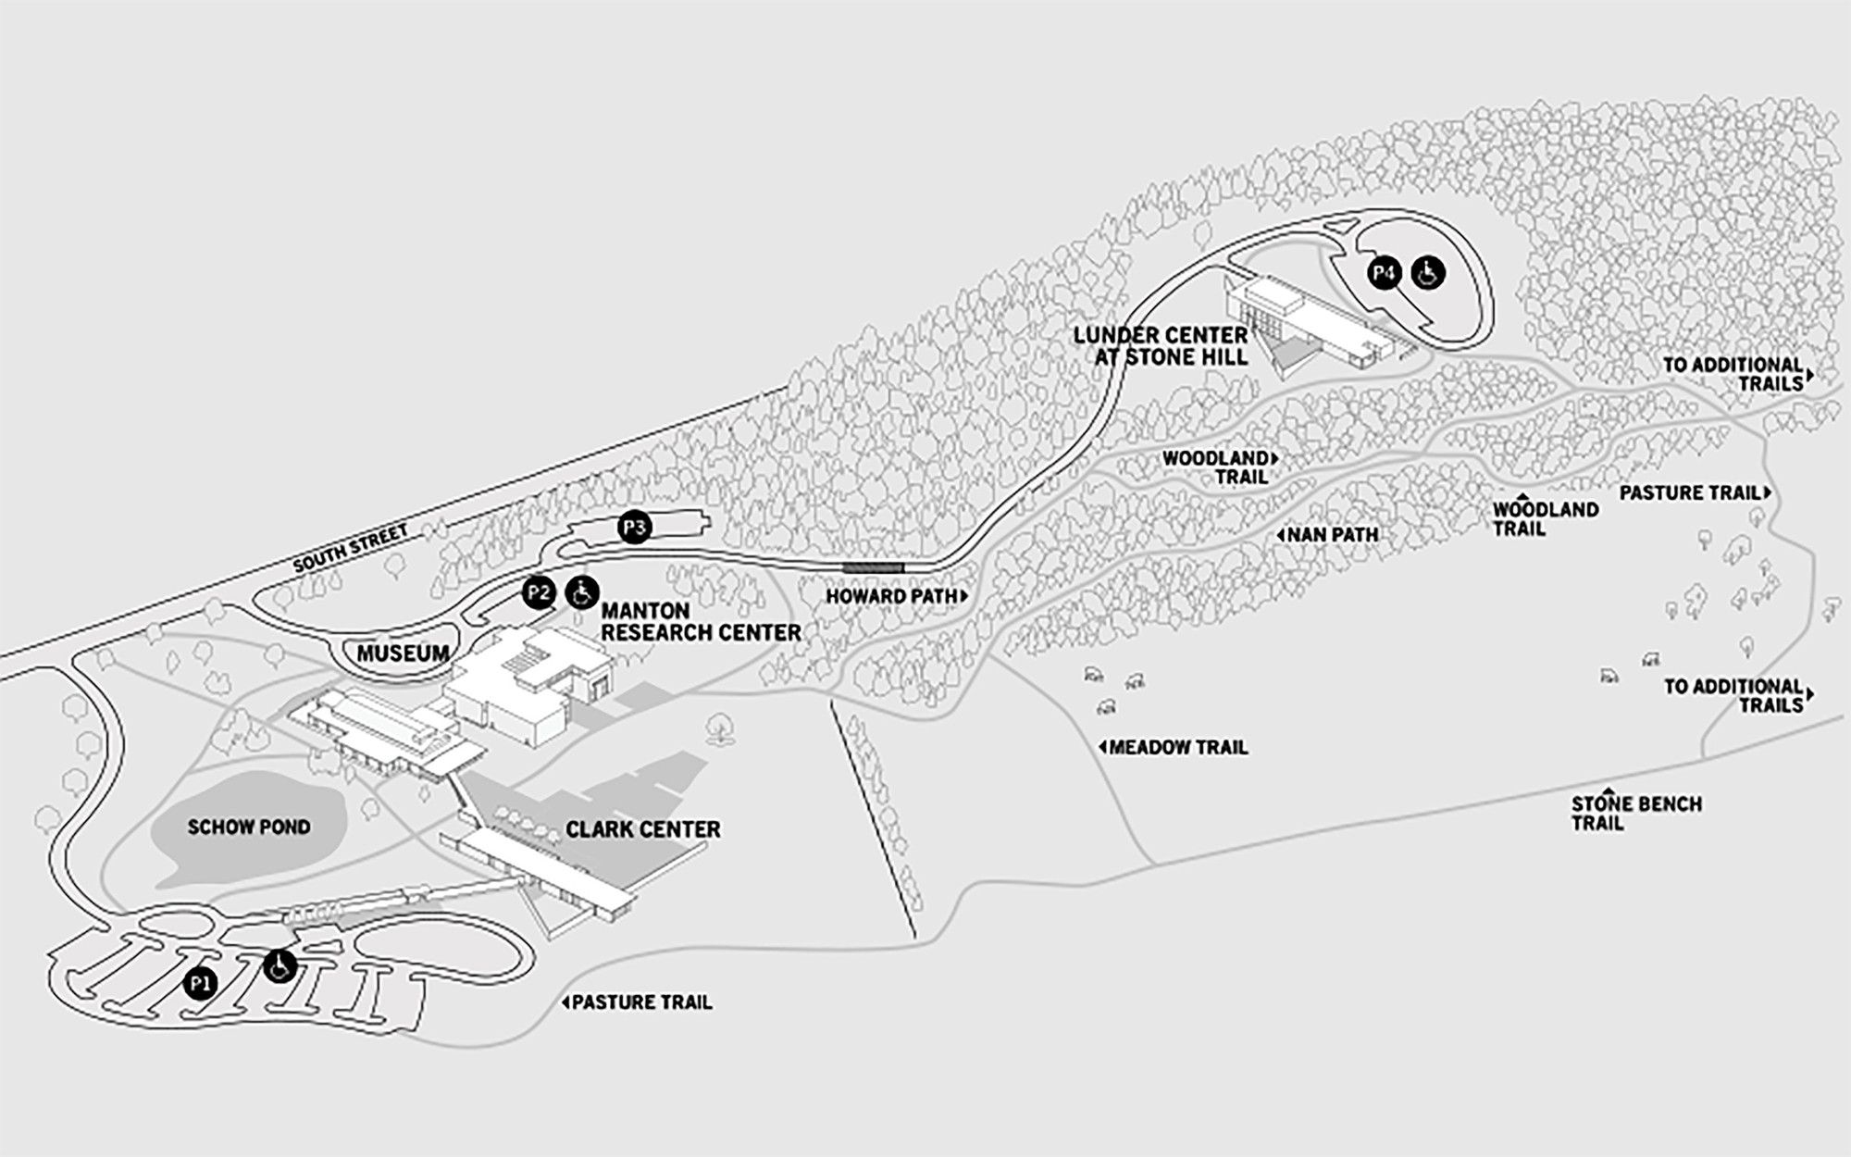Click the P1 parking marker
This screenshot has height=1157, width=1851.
click(x=199, y=984)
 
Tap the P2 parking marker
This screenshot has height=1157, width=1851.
click(x=538, y=592)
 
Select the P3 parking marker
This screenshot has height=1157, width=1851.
click(x=635, y=529)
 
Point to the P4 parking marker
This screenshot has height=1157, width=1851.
click(x=1385, y=272)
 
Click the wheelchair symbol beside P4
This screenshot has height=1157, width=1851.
click(x=1427, y=272)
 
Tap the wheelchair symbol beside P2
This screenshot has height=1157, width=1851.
click(x=582, y=591)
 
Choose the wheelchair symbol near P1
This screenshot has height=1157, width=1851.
click(x=280, y=966)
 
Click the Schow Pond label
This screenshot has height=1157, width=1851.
click(x=249, y=827)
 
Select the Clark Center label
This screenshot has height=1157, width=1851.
click(x=643, y=828)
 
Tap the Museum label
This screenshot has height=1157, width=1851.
click(x=403, y=653)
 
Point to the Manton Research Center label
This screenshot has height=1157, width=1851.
click(x=701, y=622)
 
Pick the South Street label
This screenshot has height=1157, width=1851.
click(x=351, y=550)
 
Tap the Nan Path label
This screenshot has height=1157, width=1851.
click(x=1330, y=534)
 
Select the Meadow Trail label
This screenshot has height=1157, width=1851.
click(x=1175, y=747)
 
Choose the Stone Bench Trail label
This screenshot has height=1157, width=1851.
click(x=1636, y=813)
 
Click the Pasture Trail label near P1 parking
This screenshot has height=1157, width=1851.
click(x=640, y=1001)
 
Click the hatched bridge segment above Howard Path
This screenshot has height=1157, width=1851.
click(x=874, y=567)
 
